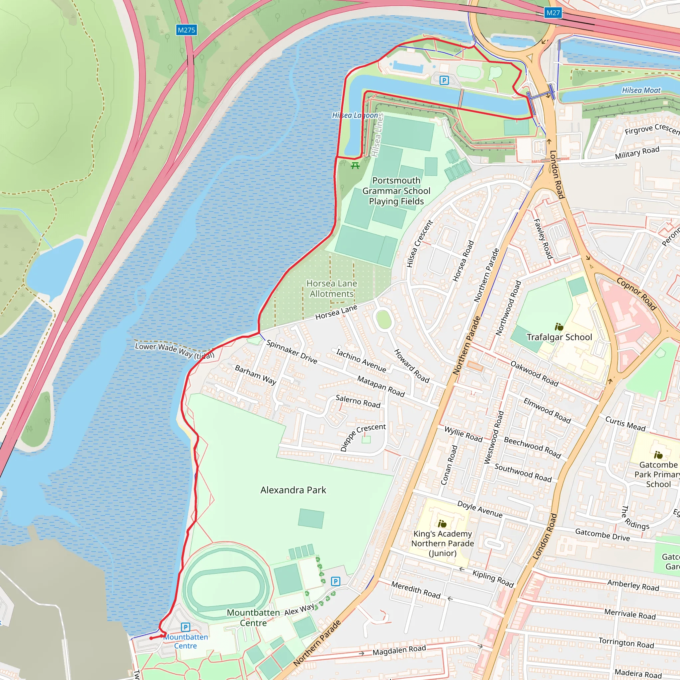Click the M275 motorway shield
click(x=186, y=30)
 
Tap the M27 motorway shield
click(x=552, y=13)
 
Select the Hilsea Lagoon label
click(x=355, y=116)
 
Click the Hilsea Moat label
click(x=641, y=90)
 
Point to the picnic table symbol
click(x=355, y=165)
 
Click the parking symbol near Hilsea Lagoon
click(x=444, y=81)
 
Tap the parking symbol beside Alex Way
click(x=335, y=581)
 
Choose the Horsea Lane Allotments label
click(x=332, y=288)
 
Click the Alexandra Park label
click(x=293, y=490)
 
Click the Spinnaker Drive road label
click(x=292, y=352)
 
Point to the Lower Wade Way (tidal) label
click(x=175, y=351)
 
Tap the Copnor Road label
click(x=637, y=294)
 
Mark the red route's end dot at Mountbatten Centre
click(x=151, y=638)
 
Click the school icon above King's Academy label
click(x=442, y=524)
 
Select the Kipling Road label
click(x=493, y=579)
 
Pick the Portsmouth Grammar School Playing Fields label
click(x=396, y=191)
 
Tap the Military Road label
click(x=637, y=152)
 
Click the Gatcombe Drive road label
click(x=602, y=535)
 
